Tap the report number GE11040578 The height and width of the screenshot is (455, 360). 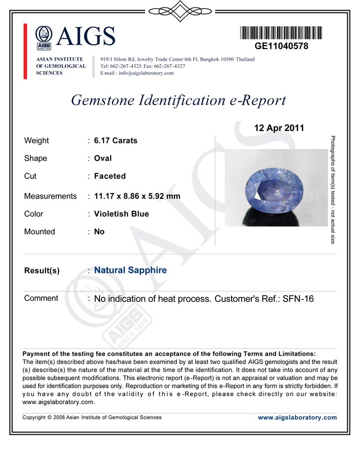[x=281, y=46]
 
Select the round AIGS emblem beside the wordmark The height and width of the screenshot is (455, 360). [x=44, y=36]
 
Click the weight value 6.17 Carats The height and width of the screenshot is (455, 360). [x=115, y=141]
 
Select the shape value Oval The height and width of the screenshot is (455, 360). [x=103, y=158]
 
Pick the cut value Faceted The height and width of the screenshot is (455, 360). [x=110, y=176]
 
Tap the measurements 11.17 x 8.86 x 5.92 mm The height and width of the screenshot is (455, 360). [x=137, y=196]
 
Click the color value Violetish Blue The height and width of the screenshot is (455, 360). [x=121, y=214]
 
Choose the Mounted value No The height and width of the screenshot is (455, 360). [x=99, y=232]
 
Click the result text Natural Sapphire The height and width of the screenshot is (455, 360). [x=130, y=270]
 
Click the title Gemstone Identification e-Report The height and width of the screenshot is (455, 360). [x=178, y=100]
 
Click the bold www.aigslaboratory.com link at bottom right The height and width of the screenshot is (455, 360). [x=297, y=418]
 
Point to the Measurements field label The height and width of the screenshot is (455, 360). [x=51, y=196]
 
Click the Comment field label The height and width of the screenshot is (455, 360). [x=41, y=298]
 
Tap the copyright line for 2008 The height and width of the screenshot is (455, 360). [x=93, y=418]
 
